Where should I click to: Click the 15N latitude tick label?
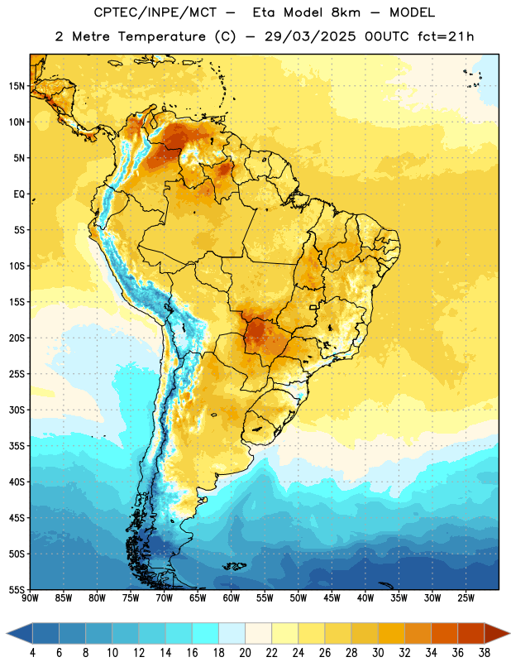tap(17, 86)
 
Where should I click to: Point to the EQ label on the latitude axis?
tap(19, 194)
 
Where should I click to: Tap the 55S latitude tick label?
tap(17, 589)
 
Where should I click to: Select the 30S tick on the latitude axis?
tap(17, 410)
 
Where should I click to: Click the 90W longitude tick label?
tap(30, 598)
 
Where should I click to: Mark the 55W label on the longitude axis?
tap(265, 598)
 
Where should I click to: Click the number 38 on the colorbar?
tap(484, 653)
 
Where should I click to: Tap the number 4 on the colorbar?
tap(32, 653)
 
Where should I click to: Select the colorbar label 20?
tap(245, 653)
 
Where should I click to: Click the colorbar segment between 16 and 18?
tap(206, 633)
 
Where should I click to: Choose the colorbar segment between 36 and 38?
tap(471, 633)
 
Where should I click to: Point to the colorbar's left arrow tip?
tap(7, 633)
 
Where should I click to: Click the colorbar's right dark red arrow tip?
tap(509, 633)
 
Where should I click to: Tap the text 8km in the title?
tap(346, 12)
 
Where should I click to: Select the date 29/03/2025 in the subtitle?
tap(310, 36)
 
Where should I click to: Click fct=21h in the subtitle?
tap(446, 36)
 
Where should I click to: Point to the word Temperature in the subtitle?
tap(162, 36)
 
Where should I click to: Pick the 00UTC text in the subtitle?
tap(387, 36)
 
